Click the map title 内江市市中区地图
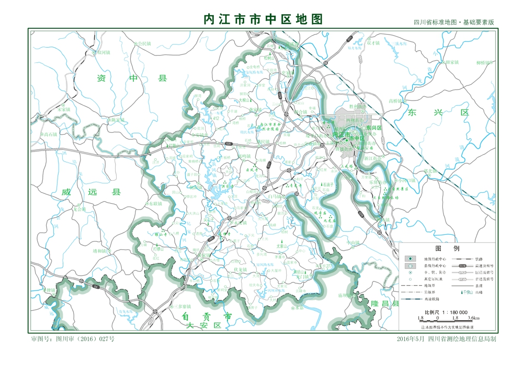pos(263,19)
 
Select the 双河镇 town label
pos(104,53)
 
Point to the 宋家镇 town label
pos(63,110)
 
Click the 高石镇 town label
pos(51,135)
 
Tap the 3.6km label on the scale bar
pos(473,318)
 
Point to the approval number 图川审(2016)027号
pos(73,339)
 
